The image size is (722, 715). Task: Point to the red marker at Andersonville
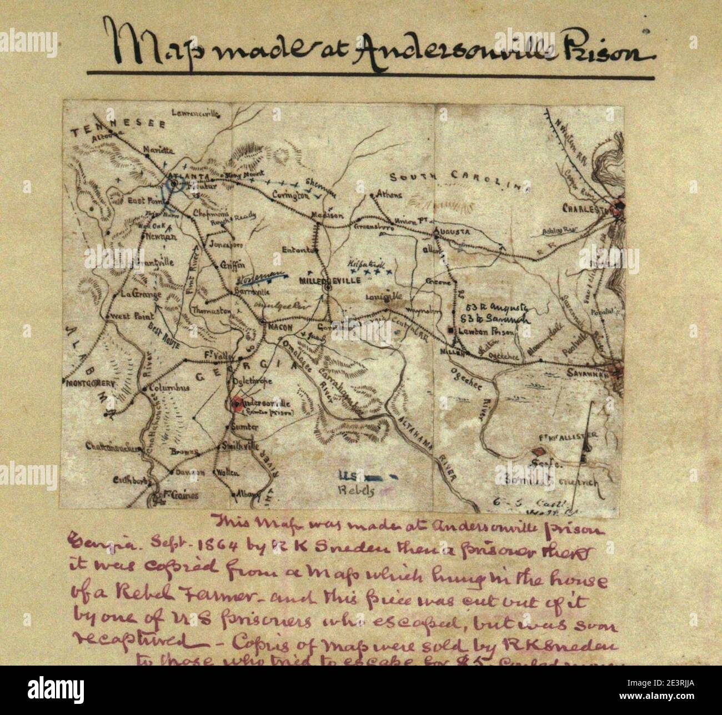click(x=237, y=404)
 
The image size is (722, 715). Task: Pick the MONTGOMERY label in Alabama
click(x=91, y=383)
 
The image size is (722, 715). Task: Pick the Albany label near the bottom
click(x=244, y=494)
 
